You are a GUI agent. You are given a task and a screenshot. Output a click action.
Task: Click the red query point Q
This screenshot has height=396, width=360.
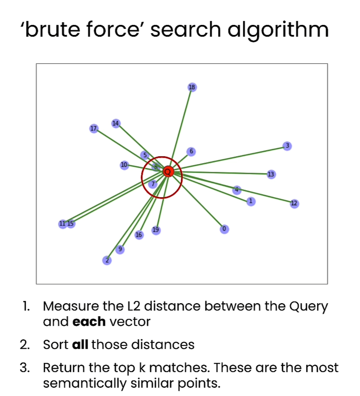click(168, 172)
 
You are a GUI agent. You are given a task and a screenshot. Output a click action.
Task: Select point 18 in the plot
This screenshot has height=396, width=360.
click(192, 87)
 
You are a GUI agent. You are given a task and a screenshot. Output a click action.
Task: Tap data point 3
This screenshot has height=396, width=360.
click(286, 146)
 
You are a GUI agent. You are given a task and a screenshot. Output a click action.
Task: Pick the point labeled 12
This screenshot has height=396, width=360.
click(294, 203)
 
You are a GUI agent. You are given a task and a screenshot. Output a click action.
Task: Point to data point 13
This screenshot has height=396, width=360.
click(271, 174)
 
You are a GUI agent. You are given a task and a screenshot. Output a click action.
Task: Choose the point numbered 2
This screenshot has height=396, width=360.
click(106, 260)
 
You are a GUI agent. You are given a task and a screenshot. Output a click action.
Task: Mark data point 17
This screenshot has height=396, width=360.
click(93, 129)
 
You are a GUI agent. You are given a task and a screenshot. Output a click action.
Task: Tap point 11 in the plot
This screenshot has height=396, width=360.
click(63, 224)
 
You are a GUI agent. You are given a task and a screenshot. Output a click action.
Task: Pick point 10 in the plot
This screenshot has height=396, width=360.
click(124, 165)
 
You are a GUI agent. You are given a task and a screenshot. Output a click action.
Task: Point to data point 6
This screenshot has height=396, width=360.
click(190, 151)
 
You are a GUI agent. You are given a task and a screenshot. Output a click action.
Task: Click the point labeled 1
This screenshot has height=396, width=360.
click(250, 201)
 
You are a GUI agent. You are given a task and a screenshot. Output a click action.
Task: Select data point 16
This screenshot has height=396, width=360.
click(139, 235)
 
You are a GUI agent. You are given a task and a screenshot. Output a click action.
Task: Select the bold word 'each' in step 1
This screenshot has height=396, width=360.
click(89, 322)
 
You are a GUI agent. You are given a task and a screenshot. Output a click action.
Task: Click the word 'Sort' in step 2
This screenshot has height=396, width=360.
click(56, 345)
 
